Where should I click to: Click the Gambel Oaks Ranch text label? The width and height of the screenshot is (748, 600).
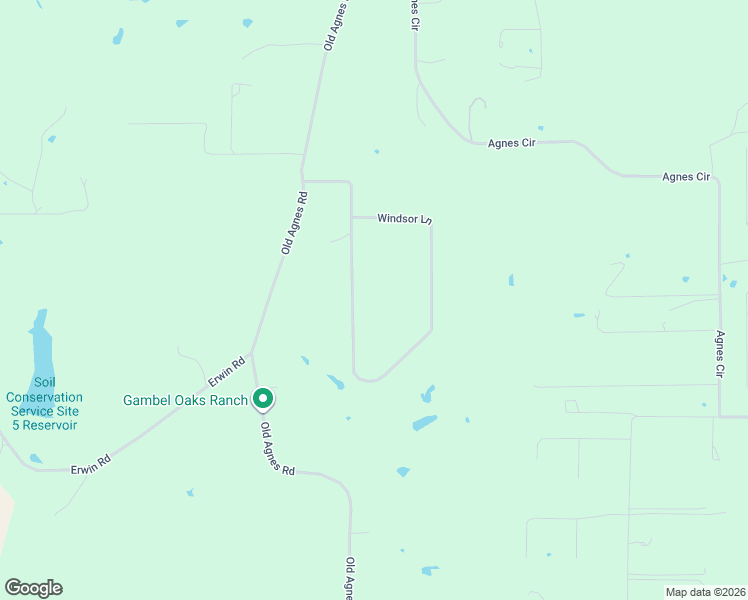[x=185, y=400]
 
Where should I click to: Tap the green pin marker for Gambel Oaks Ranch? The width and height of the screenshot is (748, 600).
[x=263, y=399]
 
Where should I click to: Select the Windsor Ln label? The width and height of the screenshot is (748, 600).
[x=404, y=217]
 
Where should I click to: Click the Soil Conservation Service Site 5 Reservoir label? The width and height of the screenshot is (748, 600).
[x=43, y=403]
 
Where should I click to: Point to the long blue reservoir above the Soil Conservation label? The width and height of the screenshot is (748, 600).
[x=41, y=345]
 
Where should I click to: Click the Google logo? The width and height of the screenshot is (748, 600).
[x=33, y=588]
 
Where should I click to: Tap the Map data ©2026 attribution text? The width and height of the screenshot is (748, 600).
[x=704, y=592]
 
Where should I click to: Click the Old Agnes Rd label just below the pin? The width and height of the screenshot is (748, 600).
[x=278, y=449]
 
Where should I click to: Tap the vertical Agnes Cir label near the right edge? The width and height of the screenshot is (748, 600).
[x=719, y=354]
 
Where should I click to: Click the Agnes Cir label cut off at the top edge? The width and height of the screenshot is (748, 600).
[x=412, y=14]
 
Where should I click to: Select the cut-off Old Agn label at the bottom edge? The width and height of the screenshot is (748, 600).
[x=350, y=578]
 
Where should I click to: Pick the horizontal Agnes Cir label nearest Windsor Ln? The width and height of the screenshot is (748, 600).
[x=512, y=143]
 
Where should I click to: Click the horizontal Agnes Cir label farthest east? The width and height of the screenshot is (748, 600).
[x=686, y=177]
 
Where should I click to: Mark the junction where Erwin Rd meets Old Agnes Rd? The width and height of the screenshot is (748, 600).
[x=251, y=353]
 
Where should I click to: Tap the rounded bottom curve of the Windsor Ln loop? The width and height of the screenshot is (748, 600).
[x=367, y=379]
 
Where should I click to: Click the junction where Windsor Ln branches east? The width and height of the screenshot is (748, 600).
[x=351, y=216]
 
